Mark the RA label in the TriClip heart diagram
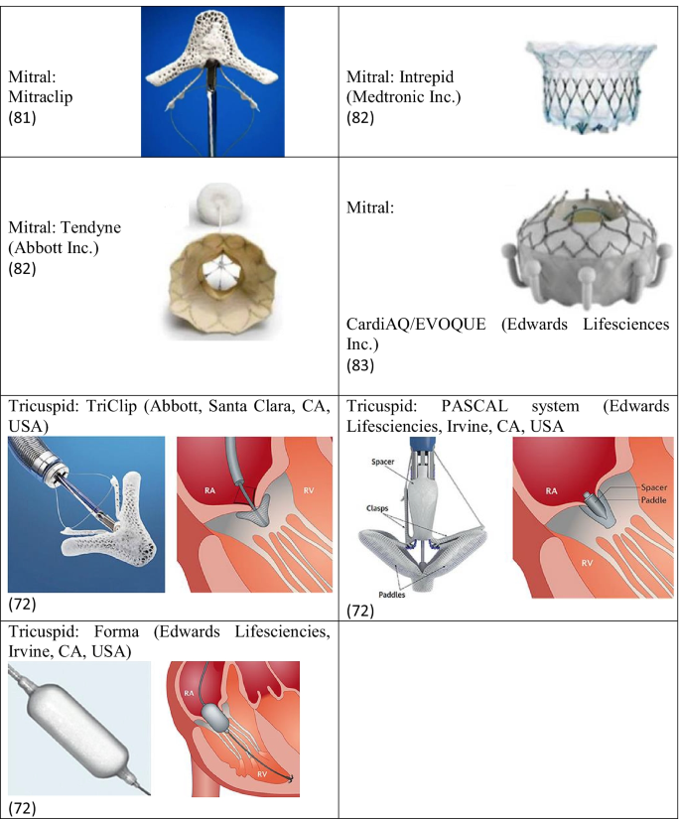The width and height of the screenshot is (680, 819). [204, 489]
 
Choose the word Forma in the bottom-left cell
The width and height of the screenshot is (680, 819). [117, 632]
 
